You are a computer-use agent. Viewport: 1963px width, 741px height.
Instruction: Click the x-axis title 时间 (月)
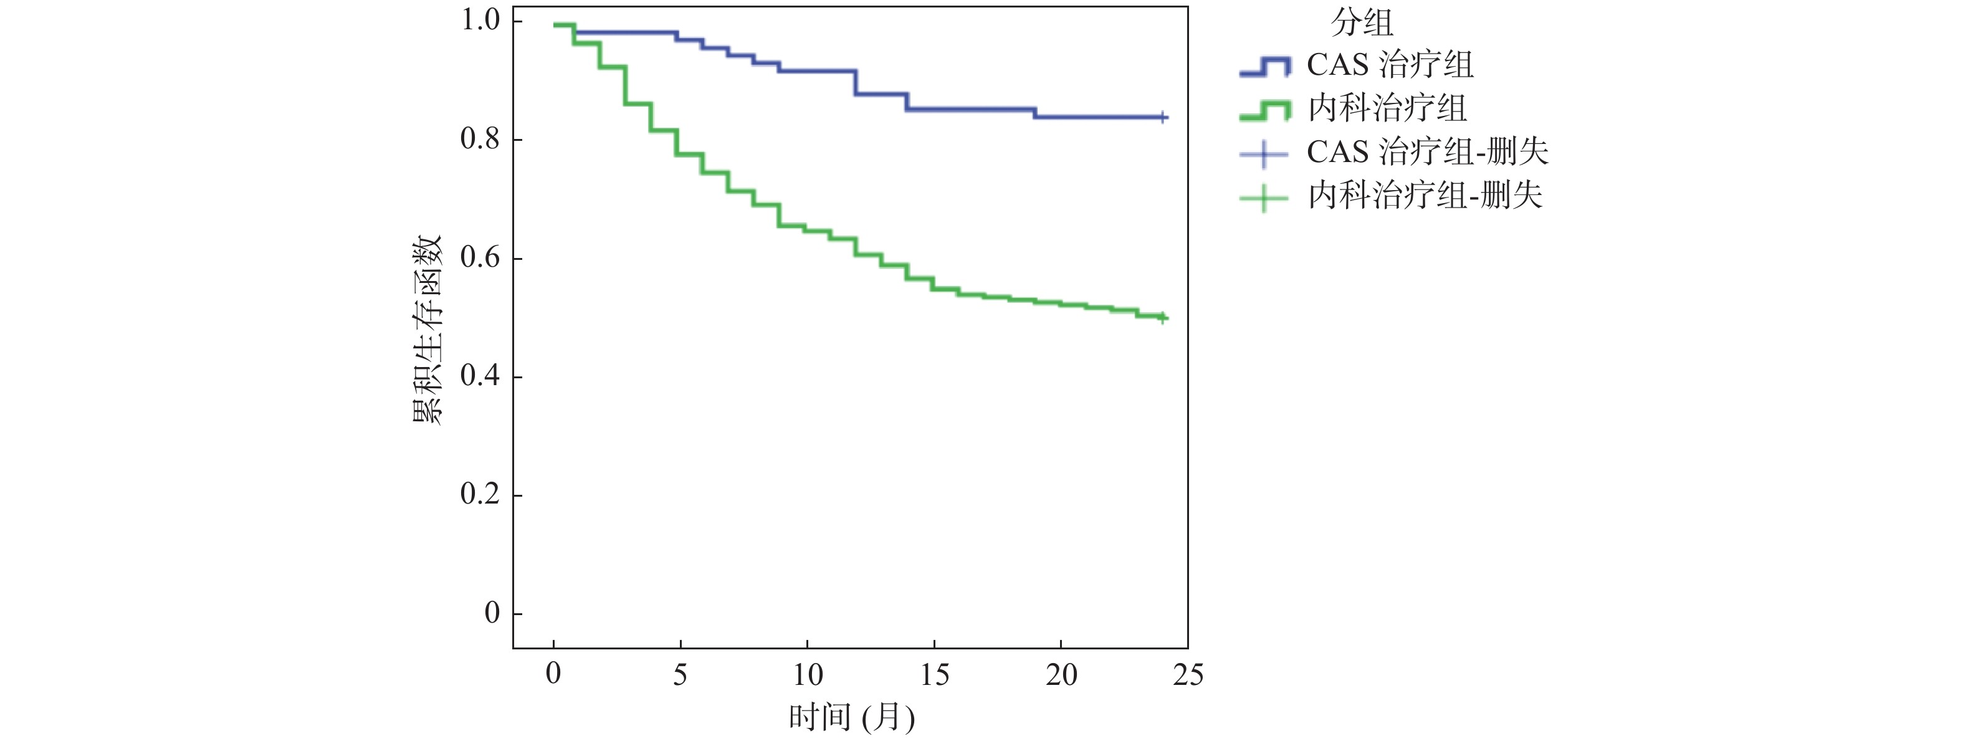[851, 717]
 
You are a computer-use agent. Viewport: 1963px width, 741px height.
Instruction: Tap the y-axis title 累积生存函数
[427, 329]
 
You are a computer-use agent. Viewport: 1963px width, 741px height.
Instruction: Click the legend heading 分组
[1362, 23]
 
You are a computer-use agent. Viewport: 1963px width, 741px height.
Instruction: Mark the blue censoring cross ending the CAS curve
[1163, 117]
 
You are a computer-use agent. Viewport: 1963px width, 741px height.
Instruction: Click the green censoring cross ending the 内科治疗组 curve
[1163, 317]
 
